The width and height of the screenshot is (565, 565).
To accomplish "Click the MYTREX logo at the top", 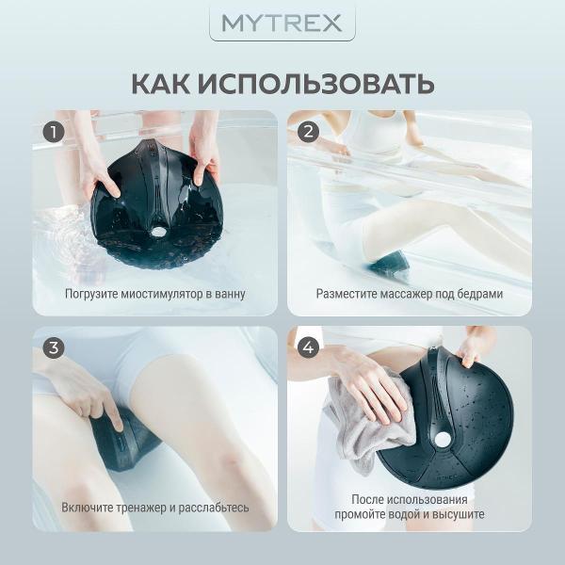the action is point(282,23).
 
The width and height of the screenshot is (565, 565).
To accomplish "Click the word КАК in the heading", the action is point(161,84).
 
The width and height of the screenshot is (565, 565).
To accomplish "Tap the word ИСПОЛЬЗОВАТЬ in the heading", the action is point(315,84).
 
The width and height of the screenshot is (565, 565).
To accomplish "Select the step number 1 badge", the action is point(54,132).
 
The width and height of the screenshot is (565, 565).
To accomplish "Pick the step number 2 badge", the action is point(308,132).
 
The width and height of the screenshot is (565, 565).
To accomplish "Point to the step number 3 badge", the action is point(54,347).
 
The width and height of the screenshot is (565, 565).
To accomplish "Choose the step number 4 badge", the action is point(308,347).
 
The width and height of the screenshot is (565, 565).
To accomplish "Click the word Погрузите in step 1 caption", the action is point(91,294).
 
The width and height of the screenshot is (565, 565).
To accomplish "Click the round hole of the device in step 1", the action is point(156,232).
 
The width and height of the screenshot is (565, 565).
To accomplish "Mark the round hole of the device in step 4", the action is point(443,439).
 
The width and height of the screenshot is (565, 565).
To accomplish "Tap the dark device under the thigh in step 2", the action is point(387,264).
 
